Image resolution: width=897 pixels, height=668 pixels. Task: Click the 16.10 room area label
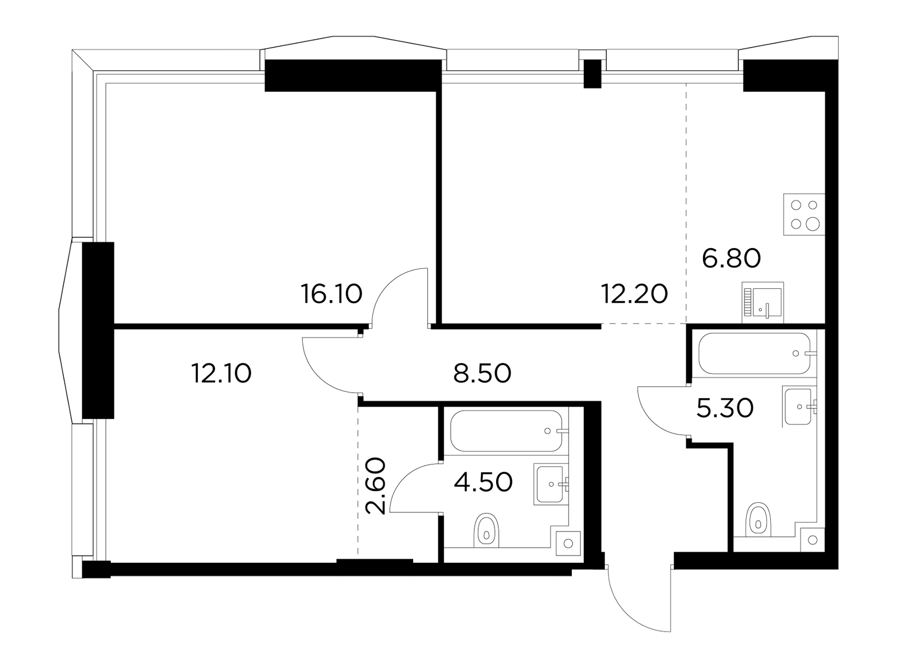point(331,294)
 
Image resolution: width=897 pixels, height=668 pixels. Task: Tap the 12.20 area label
point(634,294)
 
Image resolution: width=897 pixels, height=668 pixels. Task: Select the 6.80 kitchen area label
point(731,258)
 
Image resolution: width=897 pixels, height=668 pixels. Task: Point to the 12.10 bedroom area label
point(221,373)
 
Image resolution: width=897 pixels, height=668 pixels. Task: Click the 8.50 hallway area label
point(482,373)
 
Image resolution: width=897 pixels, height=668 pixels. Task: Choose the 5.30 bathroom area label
point(725,409)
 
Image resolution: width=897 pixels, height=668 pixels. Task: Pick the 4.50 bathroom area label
point(483,482)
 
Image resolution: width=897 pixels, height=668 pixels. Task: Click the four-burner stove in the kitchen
point(804,214)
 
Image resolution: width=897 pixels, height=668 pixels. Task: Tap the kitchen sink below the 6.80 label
point(762,302)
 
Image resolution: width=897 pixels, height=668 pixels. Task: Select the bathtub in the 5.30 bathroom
point(755,353)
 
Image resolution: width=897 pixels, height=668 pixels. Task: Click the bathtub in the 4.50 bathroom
point(506,431)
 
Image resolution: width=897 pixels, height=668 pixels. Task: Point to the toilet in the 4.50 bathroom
point(486,530)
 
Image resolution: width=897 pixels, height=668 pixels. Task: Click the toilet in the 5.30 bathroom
point(758,519)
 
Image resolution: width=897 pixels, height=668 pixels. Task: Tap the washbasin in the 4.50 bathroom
point(551,484)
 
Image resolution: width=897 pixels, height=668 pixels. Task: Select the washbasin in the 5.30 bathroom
point(798,406)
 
